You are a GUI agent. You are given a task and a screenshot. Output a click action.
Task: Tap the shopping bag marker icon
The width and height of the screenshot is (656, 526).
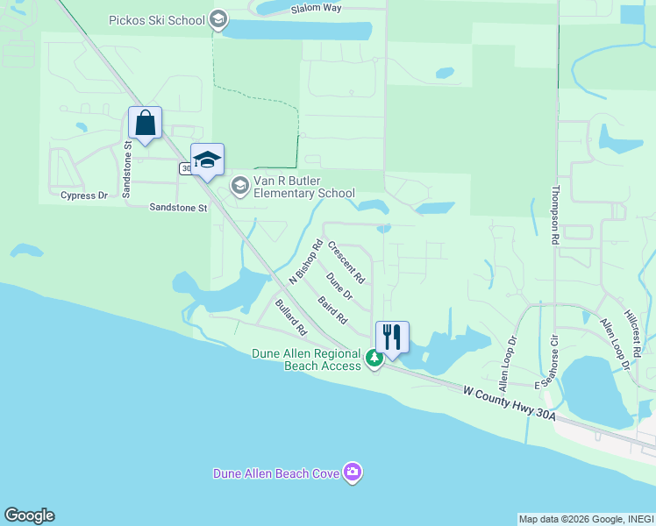pyautogui.click(x=145, y=123)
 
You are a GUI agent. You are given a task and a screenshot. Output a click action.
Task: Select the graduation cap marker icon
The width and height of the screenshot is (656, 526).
pyautogui.click(x=207, y=160)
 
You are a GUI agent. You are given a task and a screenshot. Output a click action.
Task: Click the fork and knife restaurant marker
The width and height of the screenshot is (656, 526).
pyautogui.click(x=392, y=336)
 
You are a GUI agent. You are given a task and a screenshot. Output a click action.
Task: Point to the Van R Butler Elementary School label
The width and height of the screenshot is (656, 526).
pyautogui.click(x=303, y=187)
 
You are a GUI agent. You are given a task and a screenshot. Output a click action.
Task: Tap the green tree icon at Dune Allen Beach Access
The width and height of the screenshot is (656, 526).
pyautogui.click(x=374, y=358)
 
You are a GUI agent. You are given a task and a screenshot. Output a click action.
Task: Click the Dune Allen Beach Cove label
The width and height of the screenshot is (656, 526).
pyautogui.click(x=277, y=473)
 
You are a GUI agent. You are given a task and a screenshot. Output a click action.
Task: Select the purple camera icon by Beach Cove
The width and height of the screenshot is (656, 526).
pyautogui.click(x=353, y=473)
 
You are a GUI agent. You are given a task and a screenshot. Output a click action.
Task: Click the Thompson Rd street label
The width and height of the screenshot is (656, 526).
pyautogui.click(x=554, y=215)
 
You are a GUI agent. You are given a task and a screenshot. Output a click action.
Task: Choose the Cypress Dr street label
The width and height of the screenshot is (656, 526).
pyautogui.click(x=83, y=195)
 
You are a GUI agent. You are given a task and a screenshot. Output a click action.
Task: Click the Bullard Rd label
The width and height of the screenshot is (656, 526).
pyautogui.click(x=289, y=317)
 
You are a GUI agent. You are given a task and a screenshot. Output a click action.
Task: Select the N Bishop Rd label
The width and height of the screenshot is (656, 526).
pyautogui.click(x=306, y=261)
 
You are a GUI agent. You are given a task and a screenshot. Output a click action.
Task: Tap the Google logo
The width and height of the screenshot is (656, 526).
pyautogui.click(x=29, y=515)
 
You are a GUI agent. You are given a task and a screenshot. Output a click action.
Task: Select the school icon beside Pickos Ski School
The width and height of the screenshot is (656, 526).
pyautogui.click(x=218, y=20)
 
